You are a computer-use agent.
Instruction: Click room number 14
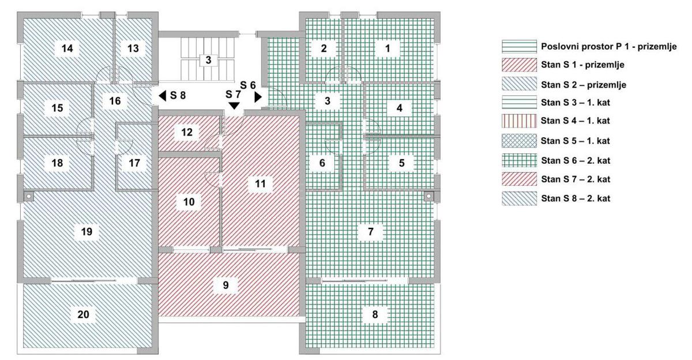[x=67, y=48]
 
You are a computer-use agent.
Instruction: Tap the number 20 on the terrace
[x=84, y=314]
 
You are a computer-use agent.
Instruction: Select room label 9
[x=226, y=285]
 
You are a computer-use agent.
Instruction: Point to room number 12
[x=187, y=132]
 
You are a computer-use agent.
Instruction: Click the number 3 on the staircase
[x=209, y=60]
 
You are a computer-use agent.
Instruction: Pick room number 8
[x=375, y=314]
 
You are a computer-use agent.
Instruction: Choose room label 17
[x=134, y=163]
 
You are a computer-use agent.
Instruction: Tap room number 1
[x=388, y=48]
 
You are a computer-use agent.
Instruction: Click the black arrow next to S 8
[x=163, y=96]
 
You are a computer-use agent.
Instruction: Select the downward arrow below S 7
[x=235, y=106]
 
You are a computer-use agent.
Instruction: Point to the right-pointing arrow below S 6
[x=258, y=97]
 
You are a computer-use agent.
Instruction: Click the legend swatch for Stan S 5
[x=520, y=141]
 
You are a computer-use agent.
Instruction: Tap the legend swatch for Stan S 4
[x=520, y=121]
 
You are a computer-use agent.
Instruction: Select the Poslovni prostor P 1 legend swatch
[x=520, y=47]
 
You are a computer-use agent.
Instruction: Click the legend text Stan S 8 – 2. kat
[x=576, y=198]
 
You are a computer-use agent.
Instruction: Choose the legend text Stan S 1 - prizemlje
[x=582, y=65]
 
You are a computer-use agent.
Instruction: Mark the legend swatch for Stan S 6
[x=520, y=161]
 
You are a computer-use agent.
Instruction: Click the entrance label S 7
[x=233, y=94]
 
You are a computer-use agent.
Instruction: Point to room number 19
[x=86, y=231]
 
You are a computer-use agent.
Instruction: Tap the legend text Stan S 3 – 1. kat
[x=576, y=103]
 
